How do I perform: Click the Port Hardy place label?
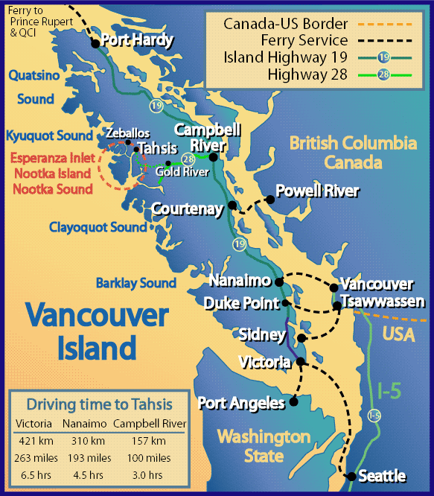click(x=137, y=40)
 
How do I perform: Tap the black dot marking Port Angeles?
click(x=293, y=401)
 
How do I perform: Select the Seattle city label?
click(x=381, y=476)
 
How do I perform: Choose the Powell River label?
click(x=317, y=191)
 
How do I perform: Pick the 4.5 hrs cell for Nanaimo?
click(x=89, y=474)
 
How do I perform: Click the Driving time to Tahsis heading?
click(x=99, y=404)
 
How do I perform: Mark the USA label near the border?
click(x=399, y=335)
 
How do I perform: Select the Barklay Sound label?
click(x=136, y=283)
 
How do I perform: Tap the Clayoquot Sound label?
click(x=98, y=227)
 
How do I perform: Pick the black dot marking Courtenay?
click(x=233, y=205)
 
